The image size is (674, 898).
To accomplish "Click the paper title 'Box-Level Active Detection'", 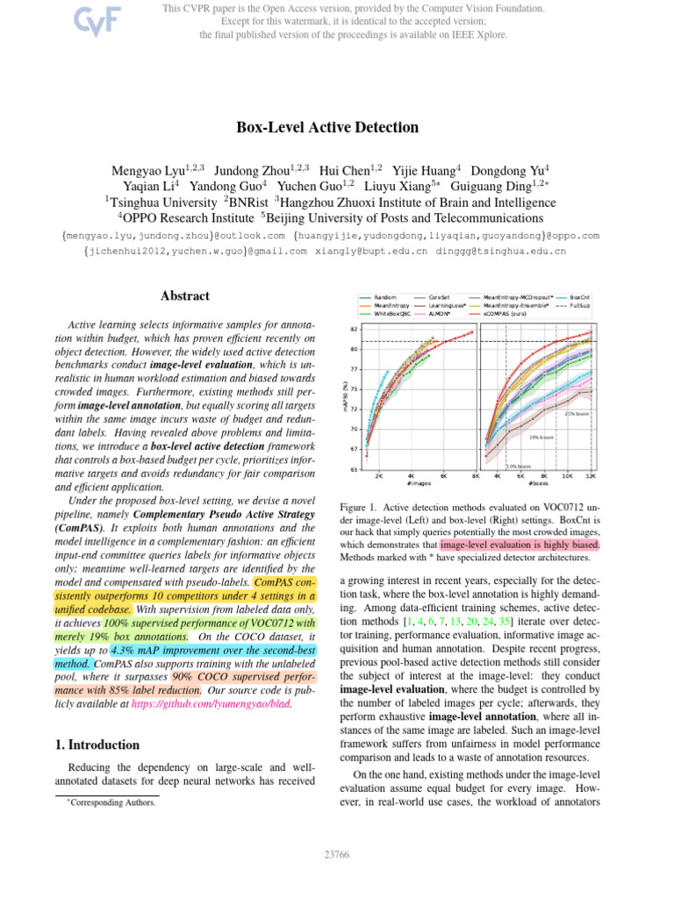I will point(327,127).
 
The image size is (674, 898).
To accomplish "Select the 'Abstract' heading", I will point(184,296).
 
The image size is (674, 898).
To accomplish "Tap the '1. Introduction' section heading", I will point(92,745).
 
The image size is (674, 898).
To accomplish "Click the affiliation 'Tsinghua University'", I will point(158,202).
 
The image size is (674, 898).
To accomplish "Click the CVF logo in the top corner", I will point(85,20).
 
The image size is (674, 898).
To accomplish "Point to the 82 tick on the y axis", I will point(353,329).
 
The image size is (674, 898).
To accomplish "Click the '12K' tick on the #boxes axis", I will point(591,476).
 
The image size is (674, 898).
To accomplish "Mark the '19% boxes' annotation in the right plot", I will point(541,436).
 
